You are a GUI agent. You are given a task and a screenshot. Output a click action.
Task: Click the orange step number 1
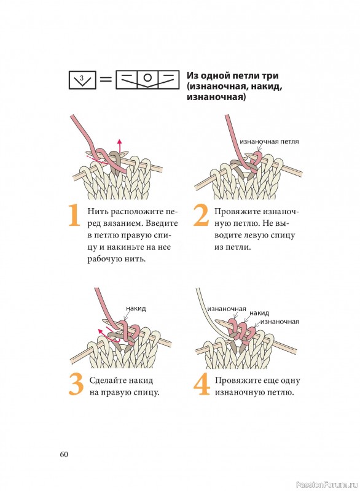74,215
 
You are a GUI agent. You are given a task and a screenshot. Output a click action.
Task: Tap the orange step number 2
201,215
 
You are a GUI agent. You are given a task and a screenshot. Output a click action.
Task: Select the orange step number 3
76,385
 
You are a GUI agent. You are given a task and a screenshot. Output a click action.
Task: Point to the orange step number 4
202,385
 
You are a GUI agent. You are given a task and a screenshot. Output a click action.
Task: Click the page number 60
64,454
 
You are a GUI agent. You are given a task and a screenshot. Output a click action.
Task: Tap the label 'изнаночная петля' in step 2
270,141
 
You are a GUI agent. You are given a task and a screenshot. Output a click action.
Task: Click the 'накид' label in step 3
136,308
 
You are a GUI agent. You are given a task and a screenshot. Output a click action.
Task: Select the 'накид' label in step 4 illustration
259,313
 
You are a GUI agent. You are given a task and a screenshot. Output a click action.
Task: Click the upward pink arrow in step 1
119,146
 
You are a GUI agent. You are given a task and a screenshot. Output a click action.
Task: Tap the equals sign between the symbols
106,80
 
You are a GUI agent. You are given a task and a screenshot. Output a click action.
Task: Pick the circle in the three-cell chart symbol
147,78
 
